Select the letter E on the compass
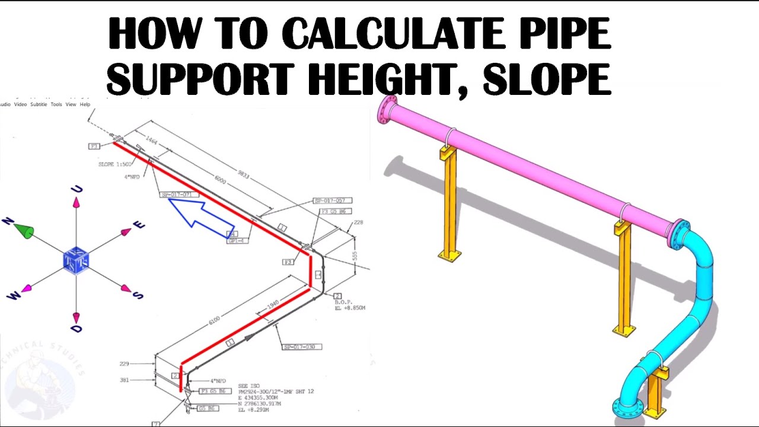click(139, 225)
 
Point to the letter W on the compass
click(12, 295)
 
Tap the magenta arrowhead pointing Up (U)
click(76, 203)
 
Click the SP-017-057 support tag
click(333, 201)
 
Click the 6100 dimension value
click(214, 320)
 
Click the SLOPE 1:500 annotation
click(115, 164)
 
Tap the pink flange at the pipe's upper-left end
click(387, 109)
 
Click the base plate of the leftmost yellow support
click(450, 256)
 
